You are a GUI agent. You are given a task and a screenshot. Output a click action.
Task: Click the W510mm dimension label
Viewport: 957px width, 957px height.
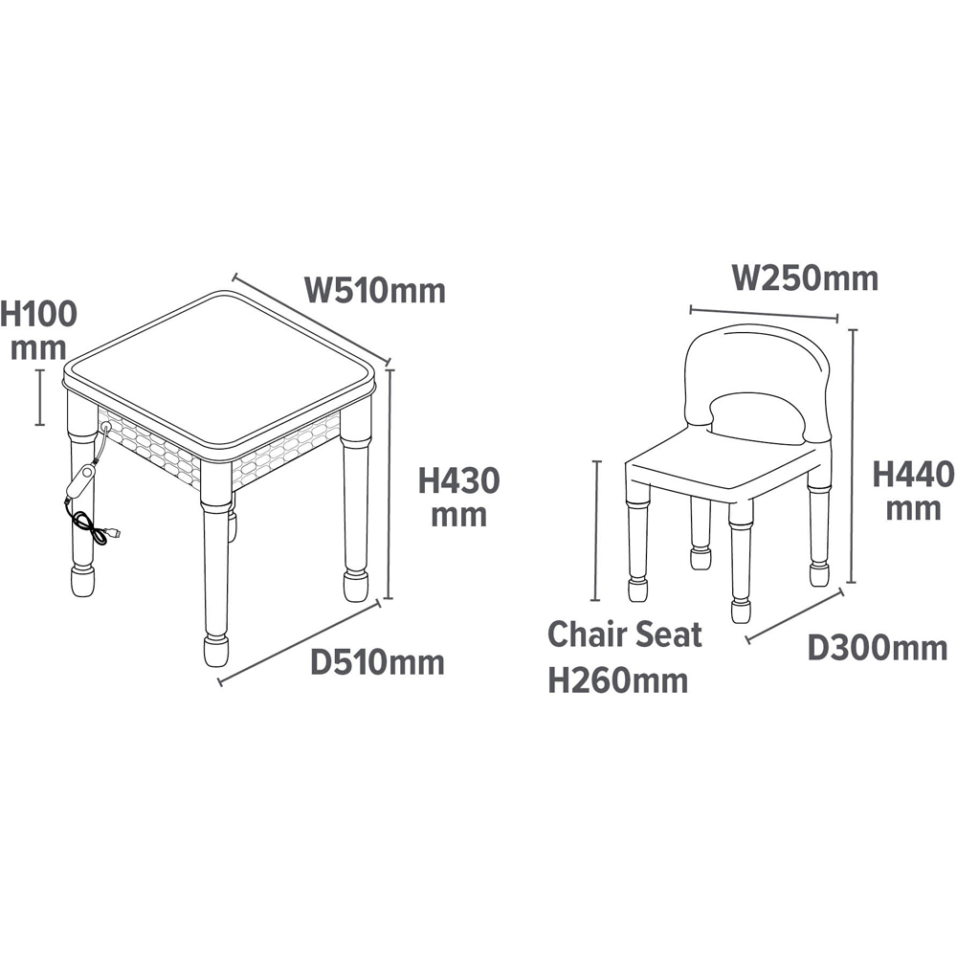(374, 290)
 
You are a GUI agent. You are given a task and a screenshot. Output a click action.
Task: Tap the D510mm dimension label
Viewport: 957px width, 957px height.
(377, 662)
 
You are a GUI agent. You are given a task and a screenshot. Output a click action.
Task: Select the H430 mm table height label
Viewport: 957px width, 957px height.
(459, 497)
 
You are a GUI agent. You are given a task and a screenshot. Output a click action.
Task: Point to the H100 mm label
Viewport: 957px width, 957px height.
(38, 330)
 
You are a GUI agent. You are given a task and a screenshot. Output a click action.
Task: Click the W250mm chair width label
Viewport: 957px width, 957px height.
(805, 278)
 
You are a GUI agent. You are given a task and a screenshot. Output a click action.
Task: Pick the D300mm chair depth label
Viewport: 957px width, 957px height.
(877, 648)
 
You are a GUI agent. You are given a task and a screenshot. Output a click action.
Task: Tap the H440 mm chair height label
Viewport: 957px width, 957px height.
(913, 490)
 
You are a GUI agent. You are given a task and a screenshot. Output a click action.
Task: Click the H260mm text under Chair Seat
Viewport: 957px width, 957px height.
(617, 680)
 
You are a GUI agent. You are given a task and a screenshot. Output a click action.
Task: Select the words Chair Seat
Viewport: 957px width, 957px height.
(624, 634)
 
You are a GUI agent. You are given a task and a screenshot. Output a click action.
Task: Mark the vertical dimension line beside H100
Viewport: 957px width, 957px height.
(39, 397)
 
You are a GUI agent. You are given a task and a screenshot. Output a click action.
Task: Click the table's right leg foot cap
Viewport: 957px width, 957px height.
(355, 586)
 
